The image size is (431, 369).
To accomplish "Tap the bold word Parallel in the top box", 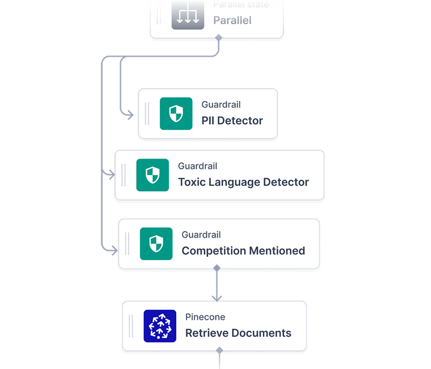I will (232, 20).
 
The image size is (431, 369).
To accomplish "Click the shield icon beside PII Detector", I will (176, 114).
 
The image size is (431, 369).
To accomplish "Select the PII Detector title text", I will (232, 121).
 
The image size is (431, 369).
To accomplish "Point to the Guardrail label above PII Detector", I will (221, 105).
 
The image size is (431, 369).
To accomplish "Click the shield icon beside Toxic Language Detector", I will (152, 175).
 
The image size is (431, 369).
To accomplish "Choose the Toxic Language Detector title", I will (244, 182).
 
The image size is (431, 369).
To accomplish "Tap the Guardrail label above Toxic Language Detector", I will (198, 166).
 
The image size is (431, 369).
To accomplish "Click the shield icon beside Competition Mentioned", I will (156, 243).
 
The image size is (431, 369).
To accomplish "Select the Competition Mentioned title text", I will (243, 250).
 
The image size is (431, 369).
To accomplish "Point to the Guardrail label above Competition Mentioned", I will (201, 235).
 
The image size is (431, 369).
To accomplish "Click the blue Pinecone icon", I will (159, 326).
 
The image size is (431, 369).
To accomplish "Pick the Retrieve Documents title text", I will (238, 333).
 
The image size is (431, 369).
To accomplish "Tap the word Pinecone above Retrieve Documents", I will (205, 317).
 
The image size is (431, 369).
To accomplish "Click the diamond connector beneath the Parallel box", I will (218, 37).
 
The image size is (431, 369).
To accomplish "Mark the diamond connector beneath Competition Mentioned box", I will (217, 268).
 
